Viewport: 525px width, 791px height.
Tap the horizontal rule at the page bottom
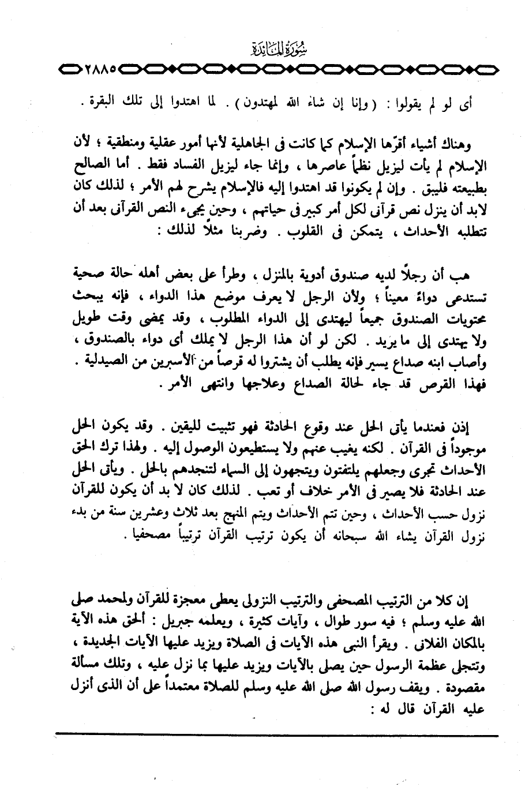277,734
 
